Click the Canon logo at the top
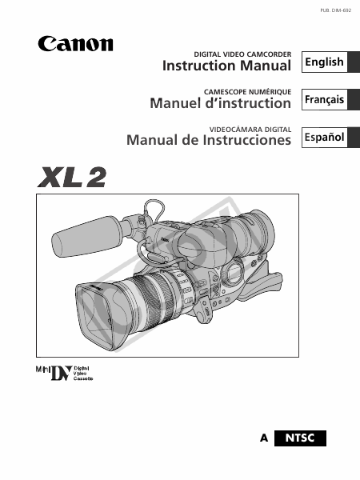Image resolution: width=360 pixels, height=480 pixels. coord(75,44)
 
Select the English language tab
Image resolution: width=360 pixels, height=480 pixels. coord(325,62)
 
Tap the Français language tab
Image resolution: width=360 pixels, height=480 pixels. coord(325,99)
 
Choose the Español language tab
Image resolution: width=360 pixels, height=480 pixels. coord(325,137)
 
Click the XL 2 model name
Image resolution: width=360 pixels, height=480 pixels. coord(72,177)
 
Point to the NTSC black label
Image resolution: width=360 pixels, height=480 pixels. coord(300,438)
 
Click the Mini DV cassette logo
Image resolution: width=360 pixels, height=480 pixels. coord(64,373)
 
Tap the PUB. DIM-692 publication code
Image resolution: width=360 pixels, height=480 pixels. coord(336,10)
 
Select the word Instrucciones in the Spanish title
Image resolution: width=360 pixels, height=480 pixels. coord(247,140)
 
